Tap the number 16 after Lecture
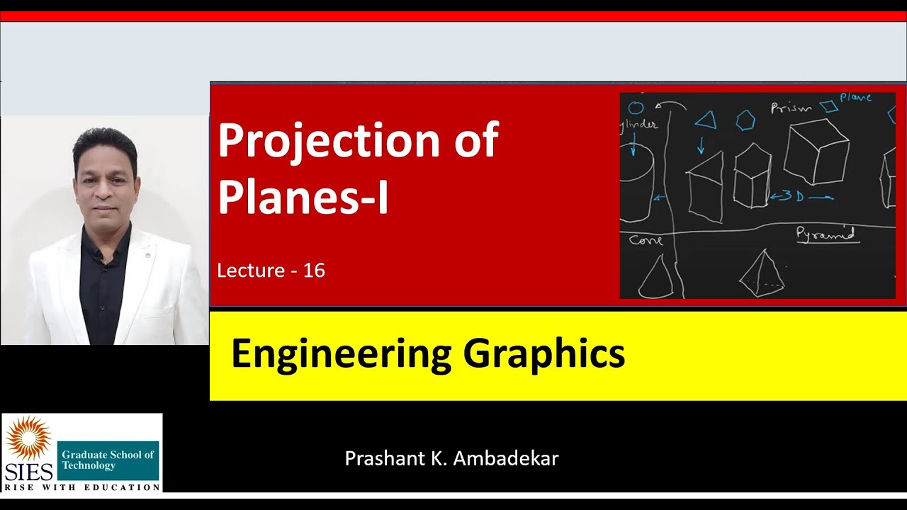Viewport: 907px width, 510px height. (x=314, y=271)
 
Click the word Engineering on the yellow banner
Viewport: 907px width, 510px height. (x=341, y=354)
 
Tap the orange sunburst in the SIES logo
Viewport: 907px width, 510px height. (x=28, y=438)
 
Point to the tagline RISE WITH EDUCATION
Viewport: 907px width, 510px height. (x=82, y=487)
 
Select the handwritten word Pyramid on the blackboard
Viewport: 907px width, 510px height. (x=825, y=233)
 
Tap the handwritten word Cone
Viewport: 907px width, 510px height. (x=646, y=240)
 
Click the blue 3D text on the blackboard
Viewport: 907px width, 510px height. (x=791, y=196)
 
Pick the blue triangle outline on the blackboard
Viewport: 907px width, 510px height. (x=706, y=120)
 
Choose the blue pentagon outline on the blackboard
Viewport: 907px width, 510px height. (x=745, y=120)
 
